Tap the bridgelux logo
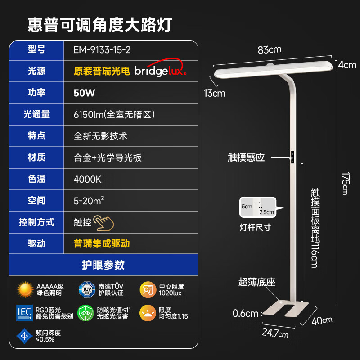(x=160, y=71)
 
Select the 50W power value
(x=85, y=93)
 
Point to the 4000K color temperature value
(x=87, y=179)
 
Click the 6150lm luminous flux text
(x=114, y=114)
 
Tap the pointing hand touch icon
(x=104, y=222)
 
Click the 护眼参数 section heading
(x=103, y=265)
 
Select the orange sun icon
(x=25, y=289)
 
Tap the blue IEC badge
(x=25, y=313)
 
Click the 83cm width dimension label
(x=270, y=49)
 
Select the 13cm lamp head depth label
(x=214, y=93)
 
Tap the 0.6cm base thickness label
(x=245, y=313)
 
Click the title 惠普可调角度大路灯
(x=99, y=24)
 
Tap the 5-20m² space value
(x=89, y=201)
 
